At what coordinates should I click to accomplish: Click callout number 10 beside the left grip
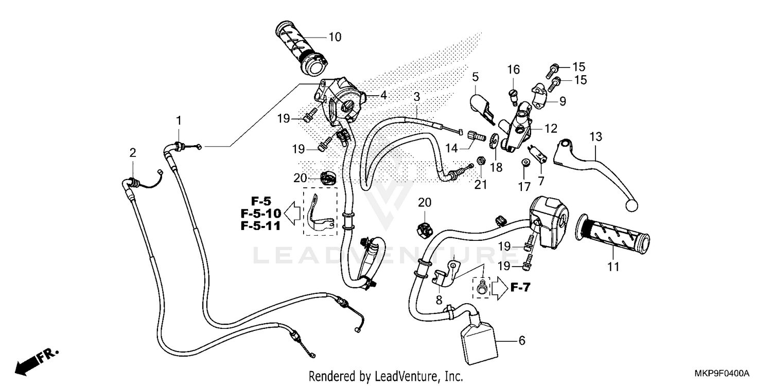pos(335,37)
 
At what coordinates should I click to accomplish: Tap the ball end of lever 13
pos(633,206)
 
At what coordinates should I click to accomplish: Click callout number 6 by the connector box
pos(521,341)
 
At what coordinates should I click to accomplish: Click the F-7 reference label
pos(520,288)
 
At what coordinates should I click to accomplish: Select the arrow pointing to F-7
pos(500,288)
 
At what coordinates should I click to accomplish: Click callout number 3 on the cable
pos(417,97)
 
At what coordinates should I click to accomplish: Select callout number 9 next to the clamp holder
pos(563,101)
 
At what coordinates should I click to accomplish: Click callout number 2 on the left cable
pos(133,153)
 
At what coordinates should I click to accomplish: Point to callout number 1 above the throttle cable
pos(179,120)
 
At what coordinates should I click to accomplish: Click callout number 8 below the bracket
pos(438,300)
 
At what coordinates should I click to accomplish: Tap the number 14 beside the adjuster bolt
pos(451,148)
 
